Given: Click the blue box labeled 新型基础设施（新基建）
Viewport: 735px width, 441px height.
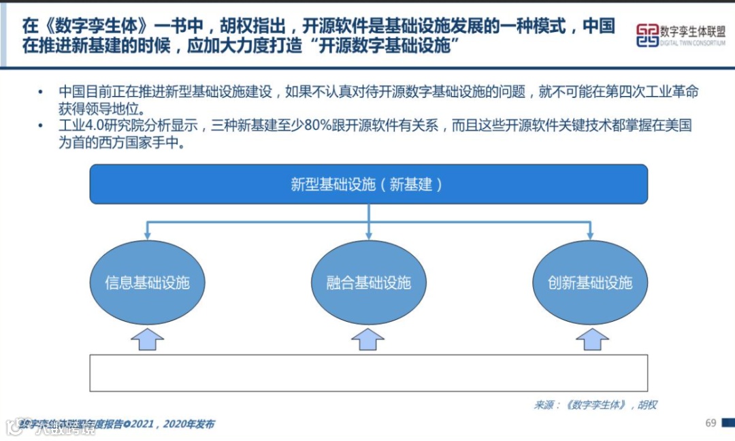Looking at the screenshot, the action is pyautogui.click(x=368, y=184).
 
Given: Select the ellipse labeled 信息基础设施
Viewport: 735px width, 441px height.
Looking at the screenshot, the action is pyautogui.click(x=147, y=282).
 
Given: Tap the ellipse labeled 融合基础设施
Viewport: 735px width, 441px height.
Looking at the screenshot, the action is pyautogui.click(x=368, y=282).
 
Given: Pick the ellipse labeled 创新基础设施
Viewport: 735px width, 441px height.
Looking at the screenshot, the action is pyautogui.click(x=589, y=282).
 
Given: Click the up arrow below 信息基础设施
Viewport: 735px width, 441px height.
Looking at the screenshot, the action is pyautogui.click(x=147, y=339).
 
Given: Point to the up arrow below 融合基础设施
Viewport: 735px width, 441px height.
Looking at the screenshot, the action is pyautogui.click(x=368, y=339).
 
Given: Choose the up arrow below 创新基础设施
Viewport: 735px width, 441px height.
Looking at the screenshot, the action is pyautogui.click(x=589, y=339).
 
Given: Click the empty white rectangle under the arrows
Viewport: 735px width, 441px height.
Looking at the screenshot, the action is pyautogui.click(x=368, y=372).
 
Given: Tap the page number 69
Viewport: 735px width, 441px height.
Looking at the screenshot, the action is pyautogui.click(x=710, y=423).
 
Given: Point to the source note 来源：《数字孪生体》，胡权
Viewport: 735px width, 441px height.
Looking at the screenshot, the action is pyautogui.click(x=595, y=405).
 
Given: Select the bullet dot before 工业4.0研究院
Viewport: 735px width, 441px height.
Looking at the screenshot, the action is pyautogui.click(x=41, y=127).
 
